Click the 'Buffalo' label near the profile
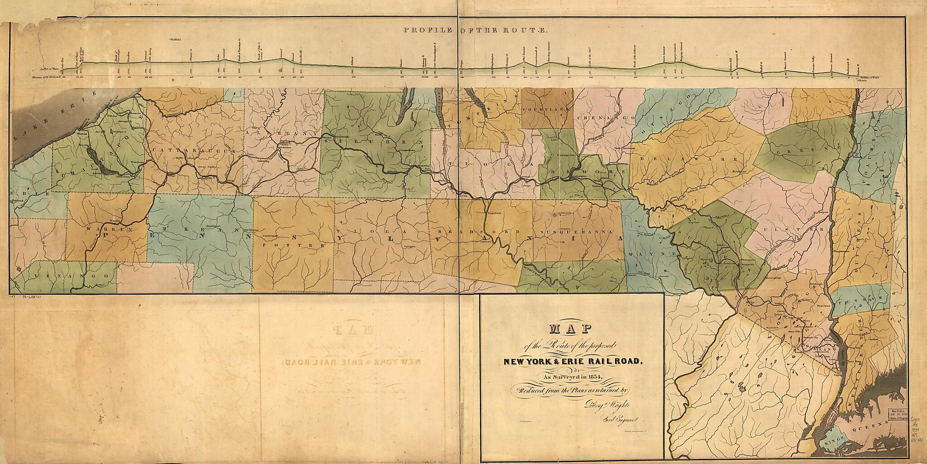tap(175, 40)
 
